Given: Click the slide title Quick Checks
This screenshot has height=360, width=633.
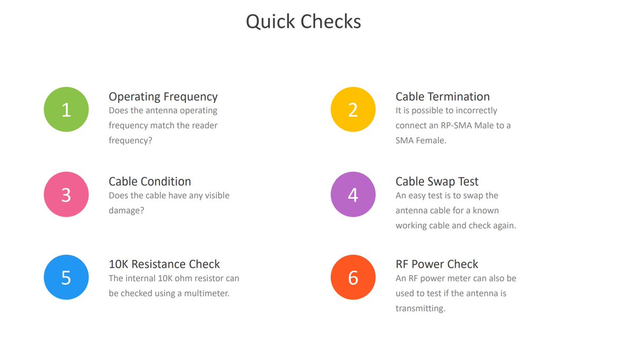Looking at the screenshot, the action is pos(303,22).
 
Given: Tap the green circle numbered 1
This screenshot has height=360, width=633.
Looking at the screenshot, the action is pos(66,110).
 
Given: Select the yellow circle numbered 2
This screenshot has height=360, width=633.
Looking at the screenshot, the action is pos(353,110).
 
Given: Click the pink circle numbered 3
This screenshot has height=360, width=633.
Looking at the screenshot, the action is pos(66,194).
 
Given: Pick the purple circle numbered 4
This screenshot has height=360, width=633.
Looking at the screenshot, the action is pos(353,194).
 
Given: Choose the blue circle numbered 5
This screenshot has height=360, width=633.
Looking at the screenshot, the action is pos(66,277).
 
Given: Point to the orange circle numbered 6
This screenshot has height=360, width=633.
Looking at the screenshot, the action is pos(353,277).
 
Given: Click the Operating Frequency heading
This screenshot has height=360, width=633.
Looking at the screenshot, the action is pos(163,97).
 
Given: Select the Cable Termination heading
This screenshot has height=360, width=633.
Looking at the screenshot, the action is pos(443,96).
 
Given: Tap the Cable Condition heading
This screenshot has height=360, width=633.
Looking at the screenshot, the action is pos(150,181).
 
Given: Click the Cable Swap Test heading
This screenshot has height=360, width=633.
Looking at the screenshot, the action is pos(437,181).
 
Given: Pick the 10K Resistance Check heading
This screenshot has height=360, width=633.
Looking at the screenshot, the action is pos(164,264).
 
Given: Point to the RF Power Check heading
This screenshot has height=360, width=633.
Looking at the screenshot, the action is pos(437,264).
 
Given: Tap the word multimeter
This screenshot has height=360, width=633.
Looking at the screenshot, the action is pos(207,293).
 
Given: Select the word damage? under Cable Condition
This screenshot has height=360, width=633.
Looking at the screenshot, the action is pos(126,211).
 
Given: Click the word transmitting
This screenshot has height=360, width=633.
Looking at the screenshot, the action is pos(420,308).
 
